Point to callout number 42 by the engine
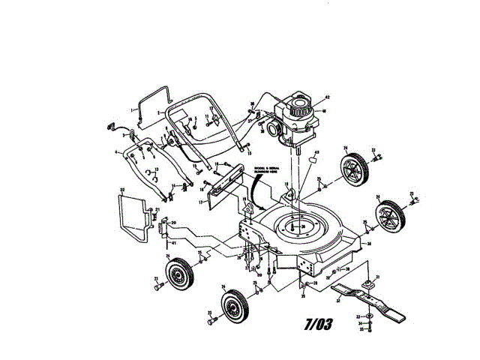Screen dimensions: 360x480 click(328, 97)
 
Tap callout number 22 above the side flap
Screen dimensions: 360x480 click(121, 188)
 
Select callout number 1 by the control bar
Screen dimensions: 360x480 click(133, 110)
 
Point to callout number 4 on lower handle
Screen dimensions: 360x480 click(117, 152)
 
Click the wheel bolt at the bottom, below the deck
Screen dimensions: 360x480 click(213, 319)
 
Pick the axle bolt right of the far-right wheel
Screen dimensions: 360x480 click(411, 200)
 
